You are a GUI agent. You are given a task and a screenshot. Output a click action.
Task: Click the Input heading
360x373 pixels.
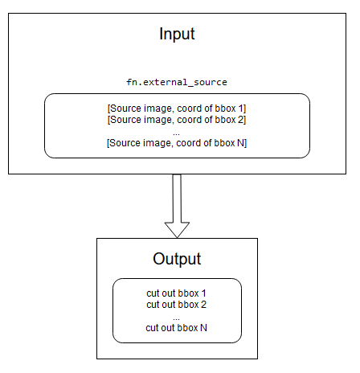click(177, 35)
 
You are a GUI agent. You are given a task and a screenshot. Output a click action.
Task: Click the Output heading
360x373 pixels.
click(177, 260)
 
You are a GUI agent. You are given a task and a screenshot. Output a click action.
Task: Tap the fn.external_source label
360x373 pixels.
click(177, 82)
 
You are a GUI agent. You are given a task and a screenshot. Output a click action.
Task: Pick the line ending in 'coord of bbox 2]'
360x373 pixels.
click(177, 120)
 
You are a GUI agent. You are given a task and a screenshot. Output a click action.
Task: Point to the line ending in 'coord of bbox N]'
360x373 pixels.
click(177, 142)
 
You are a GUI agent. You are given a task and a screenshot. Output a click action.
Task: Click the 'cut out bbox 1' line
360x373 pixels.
click(177, 293)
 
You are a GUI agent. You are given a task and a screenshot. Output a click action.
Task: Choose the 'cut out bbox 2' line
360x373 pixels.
click(177, 305)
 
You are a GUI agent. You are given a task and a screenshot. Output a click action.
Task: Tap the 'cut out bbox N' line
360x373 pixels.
click(177, 327)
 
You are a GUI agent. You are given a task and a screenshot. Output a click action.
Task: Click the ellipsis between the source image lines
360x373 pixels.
click(177, 131)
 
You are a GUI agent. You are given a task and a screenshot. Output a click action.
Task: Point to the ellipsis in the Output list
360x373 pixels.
click(177, 316)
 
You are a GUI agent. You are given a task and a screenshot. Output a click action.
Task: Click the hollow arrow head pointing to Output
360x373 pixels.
click(177, 228)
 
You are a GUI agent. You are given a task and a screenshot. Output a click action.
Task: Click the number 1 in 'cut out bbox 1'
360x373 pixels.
click(205, 293)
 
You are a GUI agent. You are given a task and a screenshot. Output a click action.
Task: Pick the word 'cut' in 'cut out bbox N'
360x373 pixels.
click(153, 327)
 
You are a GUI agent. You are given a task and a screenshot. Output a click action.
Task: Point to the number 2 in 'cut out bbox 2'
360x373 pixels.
click(205, 305)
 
